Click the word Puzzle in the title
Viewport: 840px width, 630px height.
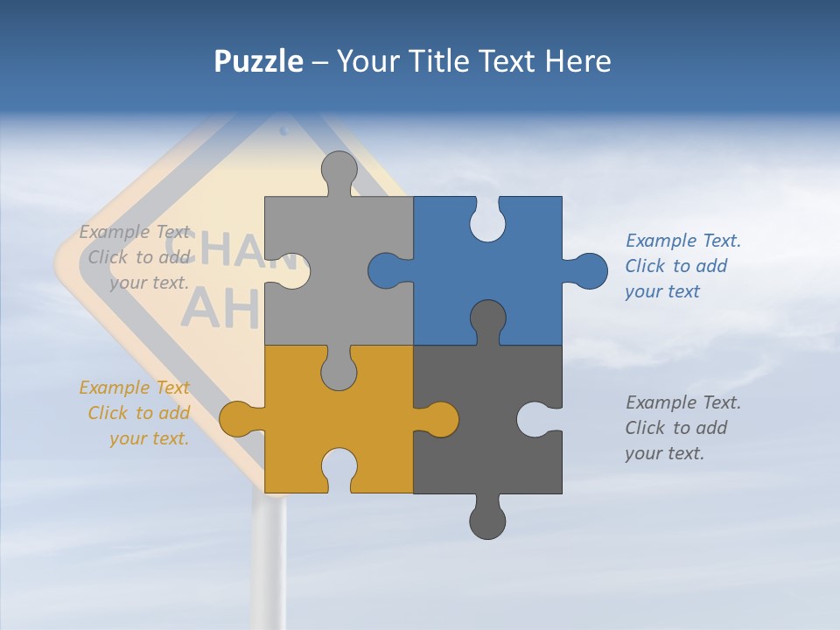pyautogui.click(x=258, y=61)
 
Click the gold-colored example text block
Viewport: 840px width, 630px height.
pyautogui.click(x=136, y=413)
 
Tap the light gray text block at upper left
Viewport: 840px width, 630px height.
pyautogui.click(x=136, y=257)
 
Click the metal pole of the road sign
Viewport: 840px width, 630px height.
pyautogui.click(x=269, y=560)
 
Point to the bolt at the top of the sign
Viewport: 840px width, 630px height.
pyautogui.click(x=283, y=131)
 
